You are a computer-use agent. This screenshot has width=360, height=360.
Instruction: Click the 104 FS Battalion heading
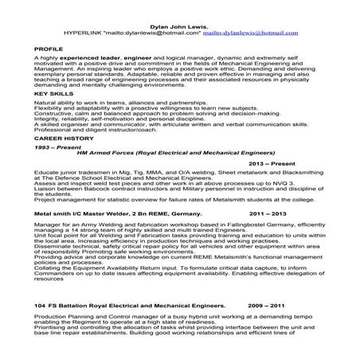[112, 327]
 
